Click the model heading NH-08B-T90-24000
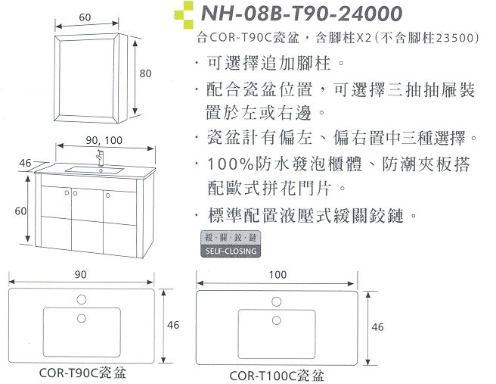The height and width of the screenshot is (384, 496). coord(301,14)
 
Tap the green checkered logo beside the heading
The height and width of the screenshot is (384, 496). coord(184,15)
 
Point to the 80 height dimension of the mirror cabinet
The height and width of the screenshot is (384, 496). coord(145,73)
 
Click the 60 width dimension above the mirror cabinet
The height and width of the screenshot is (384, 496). coord(85,17)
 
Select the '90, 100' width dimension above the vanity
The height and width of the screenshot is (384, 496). coord(104,140)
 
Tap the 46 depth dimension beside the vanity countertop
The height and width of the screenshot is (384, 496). coord(25,163)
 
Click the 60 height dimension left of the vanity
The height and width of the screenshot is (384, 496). coord(21,211)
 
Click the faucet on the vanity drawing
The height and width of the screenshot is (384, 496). coord(100,158)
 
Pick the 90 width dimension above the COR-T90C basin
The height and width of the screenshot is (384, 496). coord(81,274)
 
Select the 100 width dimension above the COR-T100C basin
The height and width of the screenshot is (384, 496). coord(277,274)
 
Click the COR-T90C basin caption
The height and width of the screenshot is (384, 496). coord(82,373)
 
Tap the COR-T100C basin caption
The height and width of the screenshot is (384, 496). coord(277,376)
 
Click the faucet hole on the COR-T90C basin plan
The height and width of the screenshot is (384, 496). coord(82,299)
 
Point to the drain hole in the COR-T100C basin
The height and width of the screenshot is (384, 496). coord(277,320)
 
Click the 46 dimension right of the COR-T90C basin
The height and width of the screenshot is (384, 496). coord(173,325)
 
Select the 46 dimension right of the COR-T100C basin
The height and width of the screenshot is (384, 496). coord(378,326)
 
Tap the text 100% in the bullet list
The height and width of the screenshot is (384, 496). coord(231,164)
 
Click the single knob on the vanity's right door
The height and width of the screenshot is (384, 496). coord(108,195)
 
